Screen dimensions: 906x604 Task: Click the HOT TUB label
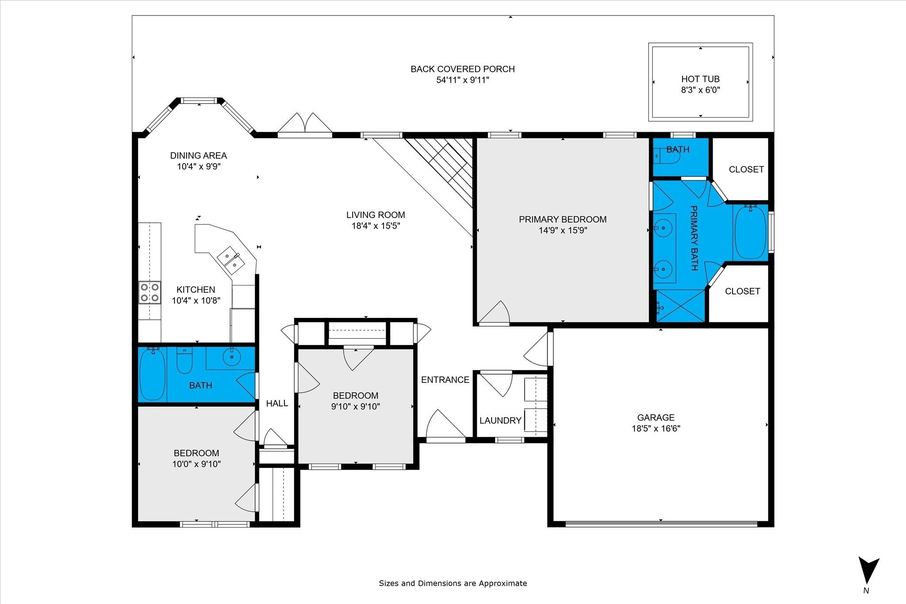[700, 79]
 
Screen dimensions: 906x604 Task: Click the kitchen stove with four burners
[150, 292]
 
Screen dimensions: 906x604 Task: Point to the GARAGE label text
[656, 417]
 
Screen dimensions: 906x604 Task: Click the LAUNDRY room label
[500, 421]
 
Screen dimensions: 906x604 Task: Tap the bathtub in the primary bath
[750, 232]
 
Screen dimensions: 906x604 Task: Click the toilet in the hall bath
[184, 360]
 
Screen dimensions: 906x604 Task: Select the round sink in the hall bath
[231, 356]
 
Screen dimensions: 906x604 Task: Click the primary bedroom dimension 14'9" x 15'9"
[563, 230]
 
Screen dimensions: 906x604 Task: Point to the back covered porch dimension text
[463, 80]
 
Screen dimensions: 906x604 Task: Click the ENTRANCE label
[445, 380]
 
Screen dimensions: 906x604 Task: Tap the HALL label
[277, 403]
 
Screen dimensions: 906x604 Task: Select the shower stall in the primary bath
[680, 306]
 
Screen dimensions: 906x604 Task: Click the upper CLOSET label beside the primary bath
[746, 169]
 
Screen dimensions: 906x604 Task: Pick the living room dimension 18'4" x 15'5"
[376, 226]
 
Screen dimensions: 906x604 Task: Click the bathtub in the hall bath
[153, 374]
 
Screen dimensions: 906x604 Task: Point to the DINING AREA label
[199, 156]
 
